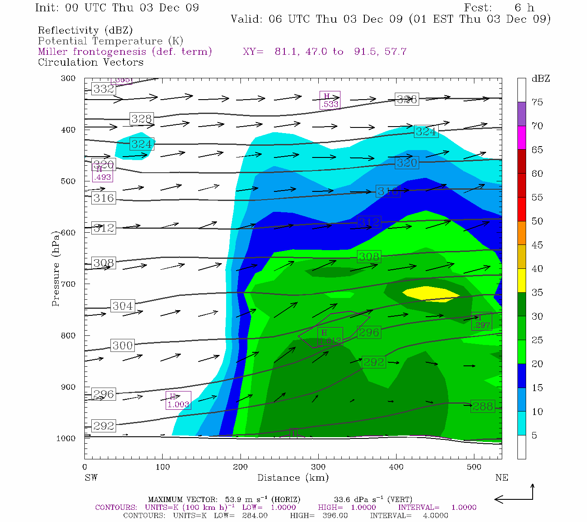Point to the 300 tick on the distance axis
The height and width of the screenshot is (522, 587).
318,467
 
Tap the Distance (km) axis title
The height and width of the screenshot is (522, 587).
293,478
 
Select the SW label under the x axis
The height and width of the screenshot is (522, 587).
91,478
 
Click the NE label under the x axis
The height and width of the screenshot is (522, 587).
501,478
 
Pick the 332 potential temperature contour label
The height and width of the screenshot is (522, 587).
103,89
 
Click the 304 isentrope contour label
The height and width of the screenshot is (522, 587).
123,306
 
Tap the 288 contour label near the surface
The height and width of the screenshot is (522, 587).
483,406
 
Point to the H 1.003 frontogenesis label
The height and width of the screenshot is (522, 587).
178,401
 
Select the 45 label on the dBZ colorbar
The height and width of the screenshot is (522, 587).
537,245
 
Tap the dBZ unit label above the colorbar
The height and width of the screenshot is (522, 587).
540,79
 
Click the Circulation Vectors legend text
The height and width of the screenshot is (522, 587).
90,62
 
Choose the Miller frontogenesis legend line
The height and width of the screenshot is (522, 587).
125,52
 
